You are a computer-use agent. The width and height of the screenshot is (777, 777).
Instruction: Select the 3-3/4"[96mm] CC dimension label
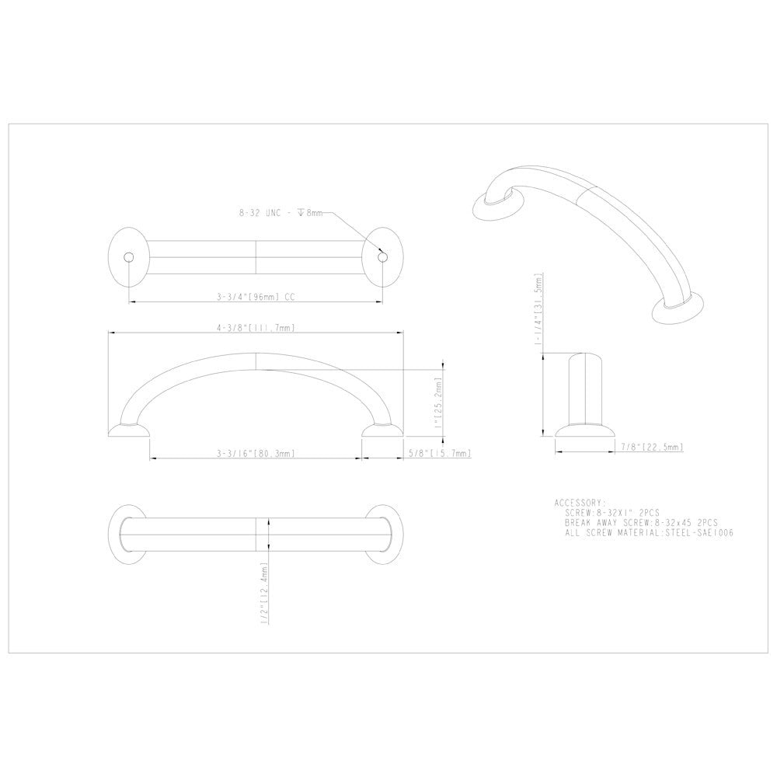(x=255, y=296)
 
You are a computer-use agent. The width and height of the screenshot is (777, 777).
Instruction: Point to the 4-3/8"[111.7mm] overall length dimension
(x=255, y=328)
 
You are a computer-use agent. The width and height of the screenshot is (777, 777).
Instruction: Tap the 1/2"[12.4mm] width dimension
(x=265, y=593)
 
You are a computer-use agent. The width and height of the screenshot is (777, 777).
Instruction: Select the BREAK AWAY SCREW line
(x=642, y=523)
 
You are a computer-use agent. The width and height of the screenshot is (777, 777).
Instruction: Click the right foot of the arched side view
(x=382, y=430)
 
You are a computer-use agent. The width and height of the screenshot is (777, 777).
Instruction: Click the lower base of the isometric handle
(x=677, y=310)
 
